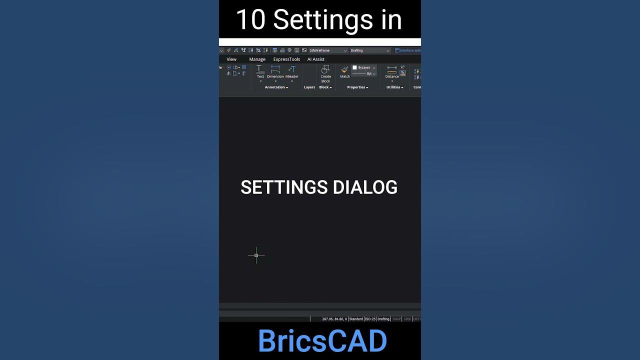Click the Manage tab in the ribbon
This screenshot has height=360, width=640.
click(257, 59)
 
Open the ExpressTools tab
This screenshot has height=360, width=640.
click(286, 59)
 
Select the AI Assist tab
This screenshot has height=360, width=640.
click(315, 59)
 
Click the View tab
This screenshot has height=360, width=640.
click(231, 59)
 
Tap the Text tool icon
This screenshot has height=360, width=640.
click(260, 69)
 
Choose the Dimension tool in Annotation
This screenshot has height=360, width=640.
click(275, 69)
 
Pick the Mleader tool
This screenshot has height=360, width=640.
click(291, 69)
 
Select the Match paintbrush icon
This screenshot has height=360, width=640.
click(344, 69)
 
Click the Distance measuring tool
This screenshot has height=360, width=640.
click(392, 69)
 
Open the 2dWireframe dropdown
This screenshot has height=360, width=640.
click(328, 50)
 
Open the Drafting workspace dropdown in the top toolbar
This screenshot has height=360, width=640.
click(369, 50)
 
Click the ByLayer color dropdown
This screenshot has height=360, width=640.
click(364, 67)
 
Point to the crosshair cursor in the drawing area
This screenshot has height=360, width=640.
click(256, 255)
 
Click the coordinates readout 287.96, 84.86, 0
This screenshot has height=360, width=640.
click(334, 319)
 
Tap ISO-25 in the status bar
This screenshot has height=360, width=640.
click(370, 319)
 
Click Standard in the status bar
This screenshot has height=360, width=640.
click(356, 319)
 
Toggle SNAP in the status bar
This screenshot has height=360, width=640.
click(396, 319)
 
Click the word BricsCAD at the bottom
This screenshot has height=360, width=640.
click(322, 341)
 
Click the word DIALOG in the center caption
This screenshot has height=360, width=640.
click(365, 187)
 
